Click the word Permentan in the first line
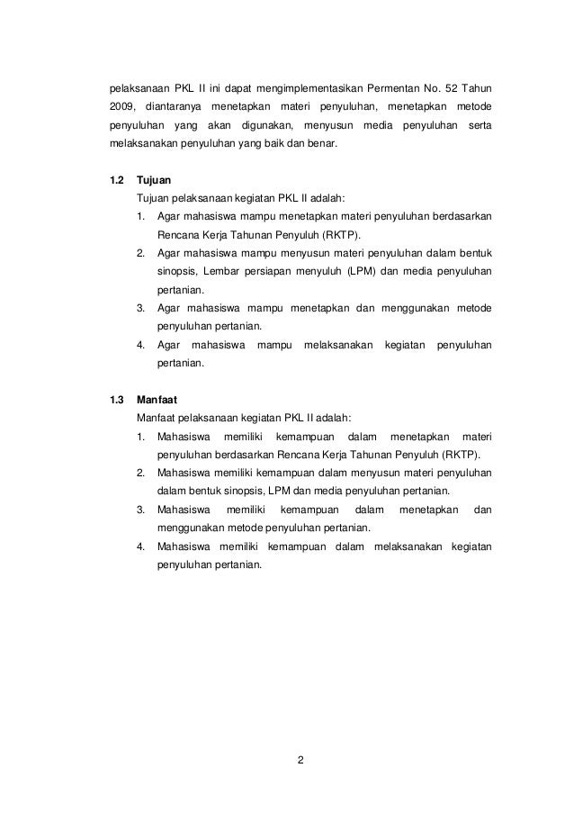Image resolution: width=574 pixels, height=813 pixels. pos(407,89)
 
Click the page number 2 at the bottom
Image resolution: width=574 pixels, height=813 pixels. pos(301,763)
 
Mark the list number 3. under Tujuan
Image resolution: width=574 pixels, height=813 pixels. pos(141,308)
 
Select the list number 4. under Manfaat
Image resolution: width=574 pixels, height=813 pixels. pos(141,546)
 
